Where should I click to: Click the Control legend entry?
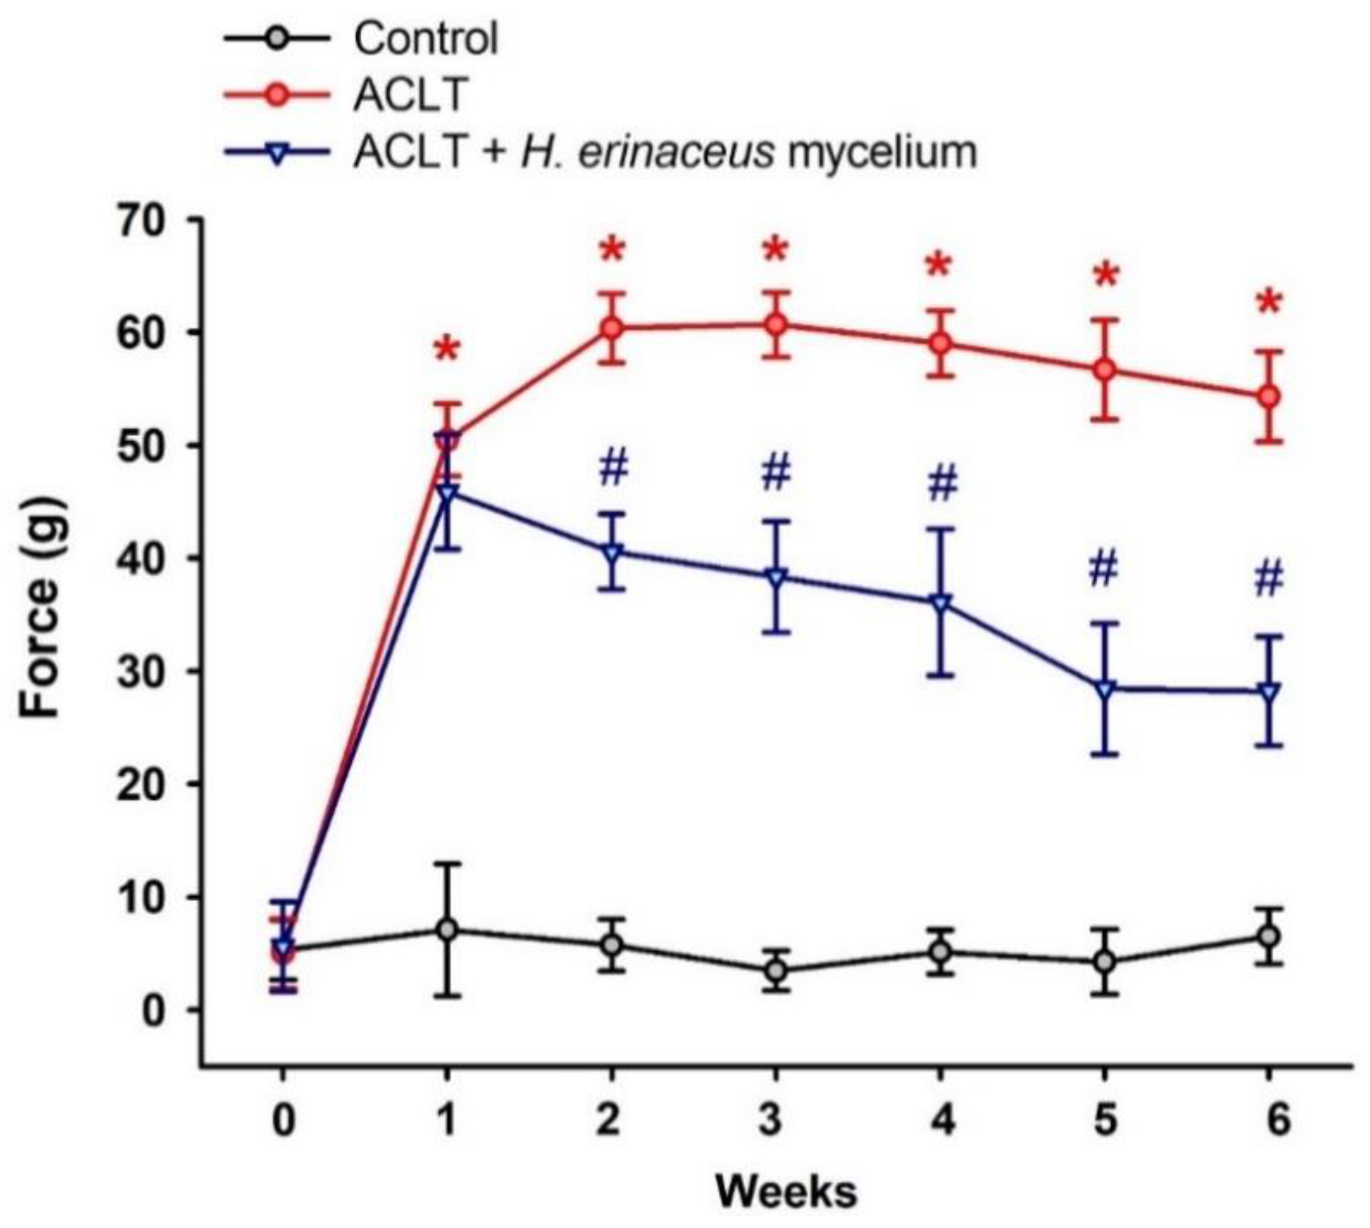(x=425, y=39)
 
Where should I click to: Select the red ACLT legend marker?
(x=277, y=96)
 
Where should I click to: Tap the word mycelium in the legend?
(x=881, y=152)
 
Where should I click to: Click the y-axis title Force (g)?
(x=42, y=610)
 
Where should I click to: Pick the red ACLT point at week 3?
(x=776, y=324)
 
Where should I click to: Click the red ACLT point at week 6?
(x=1269, y=397)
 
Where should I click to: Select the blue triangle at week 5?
(x=1104, y=689)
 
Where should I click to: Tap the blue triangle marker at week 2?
(x=612, y=552)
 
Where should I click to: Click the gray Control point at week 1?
(x=447, y=929)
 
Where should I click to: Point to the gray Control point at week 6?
(x=1269, y=936)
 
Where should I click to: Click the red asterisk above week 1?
(x=447, y=351)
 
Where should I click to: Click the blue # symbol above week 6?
(x=1269, y=580)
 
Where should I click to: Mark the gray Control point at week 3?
(x=776, y=971)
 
